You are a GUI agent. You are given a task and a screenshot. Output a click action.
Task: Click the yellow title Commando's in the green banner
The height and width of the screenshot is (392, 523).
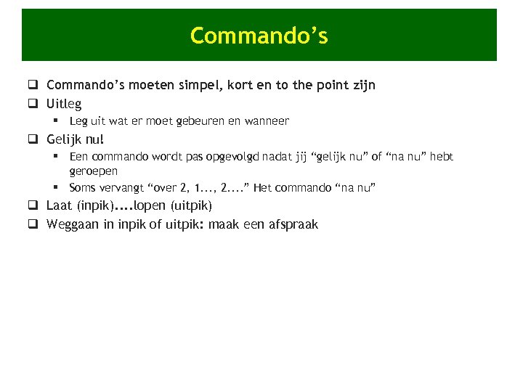pyautogui.click(x=259, y=36)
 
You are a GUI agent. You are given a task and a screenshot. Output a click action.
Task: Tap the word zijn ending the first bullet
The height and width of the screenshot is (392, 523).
pyautogui.click(x=360, y=86)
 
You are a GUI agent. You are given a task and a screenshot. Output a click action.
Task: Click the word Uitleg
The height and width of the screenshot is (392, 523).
pyautogui.click(x=64, y=104)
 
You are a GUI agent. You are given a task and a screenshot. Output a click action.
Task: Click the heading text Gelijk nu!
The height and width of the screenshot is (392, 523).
pyautogui.click(x=75, y=139)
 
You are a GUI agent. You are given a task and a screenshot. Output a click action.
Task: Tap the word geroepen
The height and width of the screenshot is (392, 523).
pyautogui.click(x=93, y=171)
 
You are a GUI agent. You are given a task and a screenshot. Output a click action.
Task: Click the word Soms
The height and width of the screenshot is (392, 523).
pyautogui.click(x=83, y=188)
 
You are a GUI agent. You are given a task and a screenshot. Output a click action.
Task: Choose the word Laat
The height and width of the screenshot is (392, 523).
pyautogui.click(x=60, y=205)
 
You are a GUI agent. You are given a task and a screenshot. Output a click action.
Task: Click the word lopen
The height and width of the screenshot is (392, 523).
pyautogui.click(x=150, y=205)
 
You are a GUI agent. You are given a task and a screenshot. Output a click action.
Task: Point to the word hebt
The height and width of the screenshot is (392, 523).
pyautogui.click(x=440, y=156)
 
